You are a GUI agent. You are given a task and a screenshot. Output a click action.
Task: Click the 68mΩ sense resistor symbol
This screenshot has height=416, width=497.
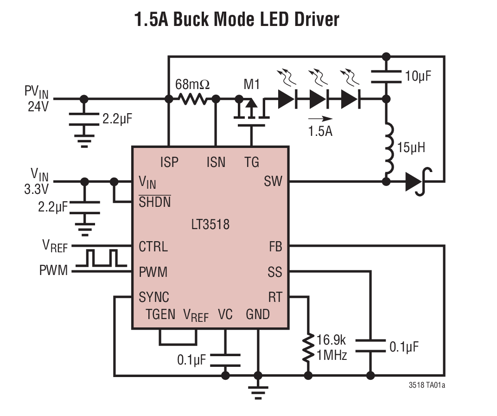click(192, 99)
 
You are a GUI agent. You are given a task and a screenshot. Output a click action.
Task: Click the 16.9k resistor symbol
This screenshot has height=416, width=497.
click(307, 348)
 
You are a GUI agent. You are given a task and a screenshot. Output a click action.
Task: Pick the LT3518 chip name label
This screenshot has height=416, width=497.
click(210, 225)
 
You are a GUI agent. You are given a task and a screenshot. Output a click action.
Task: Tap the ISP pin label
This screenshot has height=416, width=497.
click(169, 162)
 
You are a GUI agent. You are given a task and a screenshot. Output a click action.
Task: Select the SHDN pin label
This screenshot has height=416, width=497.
click(154, 202)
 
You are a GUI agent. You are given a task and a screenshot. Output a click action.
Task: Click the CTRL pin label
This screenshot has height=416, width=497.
click(153, 246)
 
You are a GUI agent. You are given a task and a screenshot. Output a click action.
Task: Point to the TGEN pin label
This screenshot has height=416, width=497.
click(160, 314)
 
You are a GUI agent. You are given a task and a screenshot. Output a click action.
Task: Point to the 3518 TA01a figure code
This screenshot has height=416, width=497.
click(429, 385)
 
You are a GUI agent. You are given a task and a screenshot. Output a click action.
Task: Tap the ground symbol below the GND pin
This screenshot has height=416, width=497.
click(258, 391)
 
